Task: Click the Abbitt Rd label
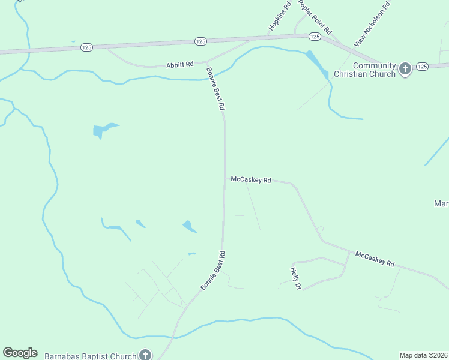181,64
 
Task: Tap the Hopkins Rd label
279,17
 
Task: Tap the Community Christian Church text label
374,70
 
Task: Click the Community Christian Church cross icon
405,69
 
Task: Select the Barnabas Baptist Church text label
91,356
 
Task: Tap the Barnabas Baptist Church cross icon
145,355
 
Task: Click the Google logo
20,353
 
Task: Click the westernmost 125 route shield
87,47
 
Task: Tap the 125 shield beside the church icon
421,66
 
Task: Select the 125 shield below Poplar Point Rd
315,37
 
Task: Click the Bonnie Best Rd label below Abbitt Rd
215,88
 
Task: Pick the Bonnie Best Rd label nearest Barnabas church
213,271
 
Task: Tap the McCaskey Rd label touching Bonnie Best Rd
251,179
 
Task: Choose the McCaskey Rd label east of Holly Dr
375,259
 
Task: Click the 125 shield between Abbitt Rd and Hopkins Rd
200,41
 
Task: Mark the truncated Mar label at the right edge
441,204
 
